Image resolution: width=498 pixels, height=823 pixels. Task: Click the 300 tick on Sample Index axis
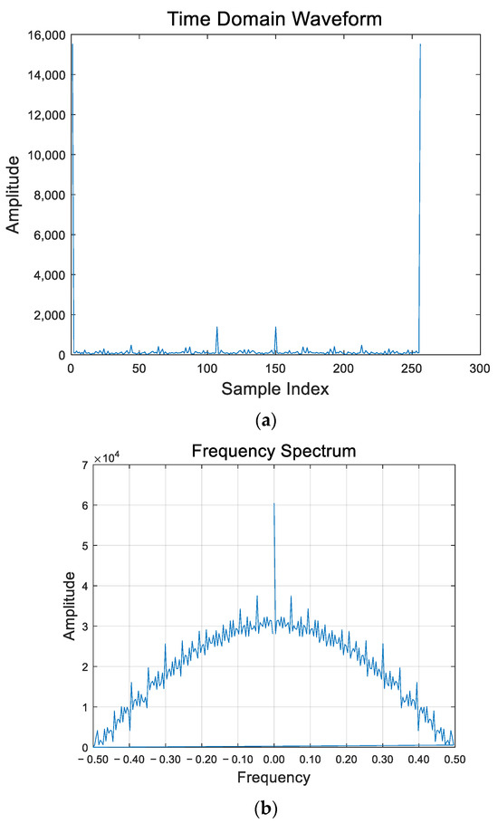pos(479,368)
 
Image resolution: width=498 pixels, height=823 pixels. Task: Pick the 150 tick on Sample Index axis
pos(274,368)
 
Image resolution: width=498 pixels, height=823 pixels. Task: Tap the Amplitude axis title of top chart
pos(14,195)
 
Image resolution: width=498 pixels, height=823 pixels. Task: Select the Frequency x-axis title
pos(274,777)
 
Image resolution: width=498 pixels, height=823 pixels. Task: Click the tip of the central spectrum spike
pos(274,503)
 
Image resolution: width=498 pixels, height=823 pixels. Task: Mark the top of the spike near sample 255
pos(420,44)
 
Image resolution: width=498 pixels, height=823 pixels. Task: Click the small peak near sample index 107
pos(216,327)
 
